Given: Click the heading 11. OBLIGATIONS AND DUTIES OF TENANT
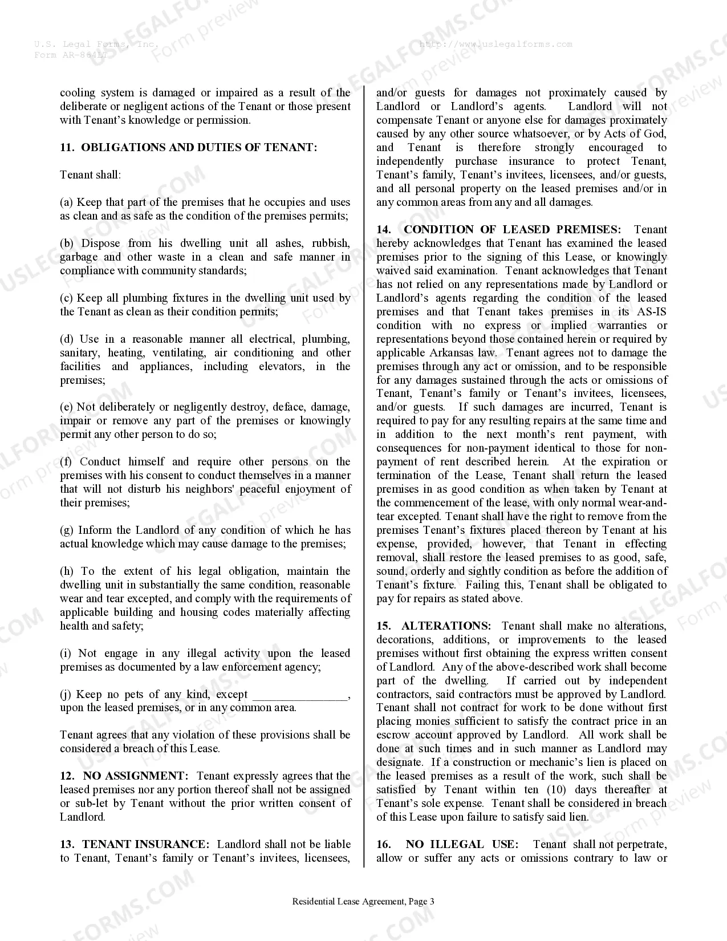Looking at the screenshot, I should (188, 148).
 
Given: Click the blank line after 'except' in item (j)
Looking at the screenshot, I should (299, 695).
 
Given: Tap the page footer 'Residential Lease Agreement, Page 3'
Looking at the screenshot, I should (363, 902).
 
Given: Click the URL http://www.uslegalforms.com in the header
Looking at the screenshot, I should (496, 44).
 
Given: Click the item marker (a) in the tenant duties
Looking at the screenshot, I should (67, 202).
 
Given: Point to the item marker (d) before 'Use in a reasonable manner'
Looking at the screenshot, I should (67, 339).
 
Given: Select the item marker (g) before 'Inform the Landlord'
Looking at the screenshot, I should (67, 530).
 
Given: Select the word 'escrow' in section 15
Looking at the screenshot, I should (393, 735).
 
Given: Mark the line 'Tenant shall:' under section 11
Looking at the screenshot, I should (90, 175).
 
